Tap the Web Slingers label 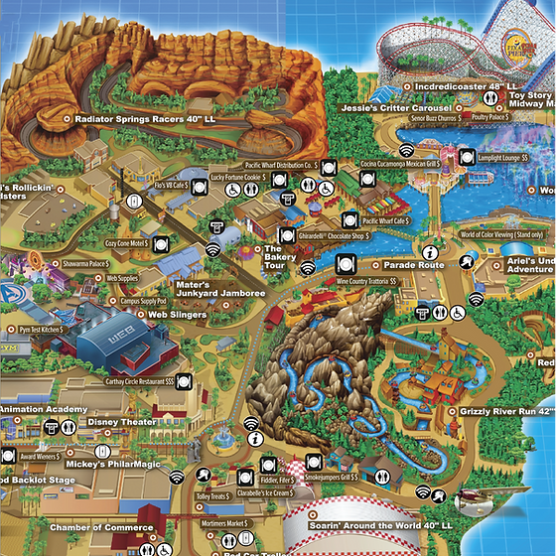pos(177,315)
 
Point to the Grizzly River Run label pos(500,410)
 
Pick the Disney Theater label pos(122,421)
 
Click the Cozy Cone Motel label pos(126,242)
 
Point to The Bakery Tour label pos(273,257)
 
